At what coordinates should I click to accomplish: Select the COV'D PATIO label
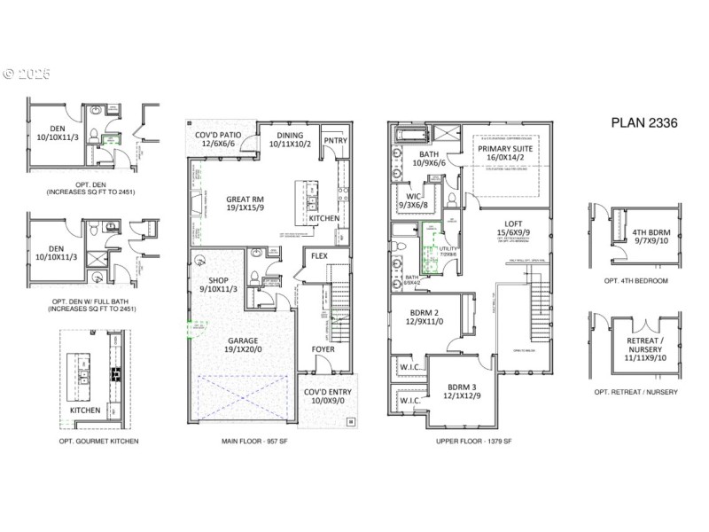(x=219, y=136)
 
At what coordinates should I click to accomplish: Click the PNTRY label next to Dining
(x=334, y=140)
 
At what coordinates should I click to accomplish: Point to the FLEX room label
(x=318, y=256)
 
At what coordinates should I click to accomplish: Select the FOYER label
(x=323, y=348)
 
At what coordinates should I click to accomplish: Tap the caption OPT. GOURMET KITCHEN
(x=98, y=441)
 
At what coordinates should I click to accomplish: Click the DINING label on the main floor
(x=290, y=136)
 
